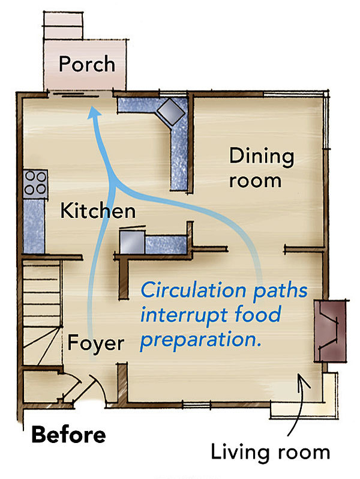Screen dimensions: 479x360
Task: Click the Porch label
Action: tap(86, 64)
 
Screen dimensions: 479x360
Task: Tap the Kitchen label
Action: tap(98, 211)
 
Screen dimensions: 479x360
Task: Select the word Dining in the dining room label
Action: tap(262, 157)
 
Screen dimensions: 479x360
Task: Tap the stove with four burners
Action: tap(35, 183)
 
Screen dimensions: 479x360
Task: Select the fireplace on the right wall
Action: tap(329, 330)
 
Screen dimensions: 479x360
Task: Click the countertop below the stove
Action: tap(34, 225)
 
